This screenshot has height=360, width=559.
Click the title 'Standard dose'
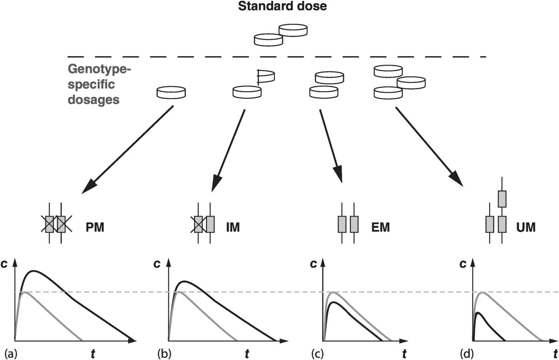[x=282, y=7]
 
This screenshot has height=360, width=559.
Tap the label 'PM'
[x=95, y=227]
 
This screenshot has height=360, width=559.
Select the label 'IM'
[x=233, y=227]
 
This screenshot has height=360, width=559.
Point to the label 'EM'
[x=380, y=227]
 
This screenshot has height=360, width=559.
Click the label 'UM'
[x=526, y=227]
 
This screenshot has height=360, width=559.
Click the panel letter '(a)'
[x=10, y=353]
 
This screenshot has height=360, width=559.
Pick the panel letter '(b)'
[x=164, y=353]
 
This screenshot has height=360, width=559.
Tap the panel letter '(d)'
[x=467, y=353]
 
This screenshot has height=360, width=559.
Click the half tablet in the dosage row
[x=266, y=77]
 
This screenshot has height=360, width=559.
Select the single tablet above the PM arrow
[x=171, y=92]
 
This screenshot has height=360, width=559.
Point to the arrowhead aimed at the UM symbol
[x=456, y=180]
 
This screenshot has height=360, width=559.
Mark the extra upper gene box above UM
[x=502, y=199]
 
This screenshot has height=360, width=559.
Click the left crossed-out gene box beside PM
[x=49, y=224]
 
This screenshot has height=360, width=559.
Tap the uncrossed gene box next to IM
[x=210, y=224]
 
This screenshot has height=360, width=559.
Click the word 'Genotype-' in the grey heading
[x=100, y=70]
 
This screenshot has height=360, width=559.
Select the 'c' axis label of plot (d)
[x=463, y=264]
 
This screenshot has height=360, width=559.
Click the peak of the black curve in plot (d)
[x=478, y=313]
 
